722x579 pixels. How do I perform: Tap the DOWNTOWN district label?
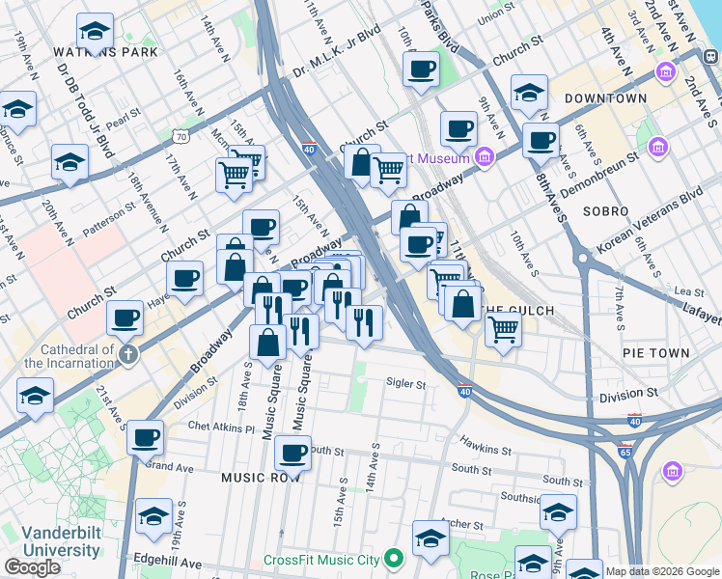pyautogui.click(x=605, y=98)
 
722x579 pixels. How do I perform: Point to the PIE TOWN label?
pyautogui.click(x=656, y=354)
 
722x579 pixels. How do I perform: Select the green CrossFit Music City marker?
pyautogui.click(x=393, y=559)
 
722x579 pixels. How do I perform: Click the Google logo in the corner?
pyautogui.click(x=32, y=567)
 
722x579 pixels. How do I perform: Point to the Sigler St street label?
pyautogui.click(x=405, y=384)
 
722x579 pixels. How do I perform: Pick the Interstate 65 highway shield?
pyautogui.click(x=628, y=451)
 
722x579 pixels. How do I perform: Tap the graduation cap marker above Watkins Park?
pyautogui.click(x=94, y=32)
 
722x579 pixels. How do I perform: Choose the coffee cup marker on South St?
pyautogui.click(x=292, y=452)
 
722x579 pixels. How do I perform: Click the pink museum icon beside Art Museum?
pyautogui.click(x=485, y=157)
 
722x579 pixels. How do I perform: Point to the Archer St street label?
pyautogui.click(x=460, y=525)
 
